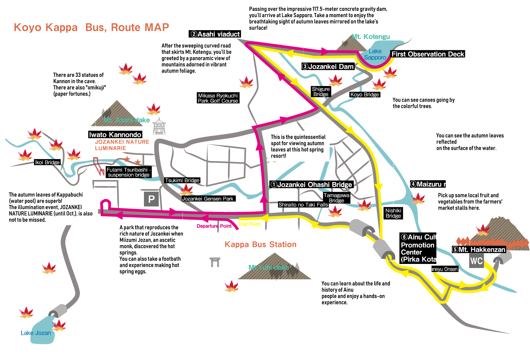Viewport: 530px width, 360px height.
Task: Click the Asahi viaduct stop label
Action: click(215, 34)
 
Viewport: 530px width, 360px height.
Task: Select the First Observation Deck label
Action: click(428, 54)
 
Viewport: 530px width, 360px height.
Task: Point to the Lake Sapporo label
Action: click(375, 54)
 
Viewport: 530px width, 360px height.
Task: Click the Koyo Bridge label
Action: click(364, 95)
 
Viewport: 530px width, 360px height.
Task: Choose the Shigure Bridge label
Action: click(321, 92)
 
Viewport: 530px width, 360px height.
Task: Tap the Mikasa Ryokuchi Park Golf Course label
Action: click(218, 98)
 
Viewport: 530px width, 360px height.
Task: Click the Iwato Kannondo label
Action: click(115, 135)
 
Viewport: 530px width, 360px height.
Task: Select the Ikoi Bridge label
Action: click(47, 162)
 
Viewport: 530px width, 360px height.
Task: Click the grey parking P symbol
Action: click(151, 199)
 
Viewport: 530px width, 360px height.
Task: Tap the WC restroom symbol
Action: click(476, 261)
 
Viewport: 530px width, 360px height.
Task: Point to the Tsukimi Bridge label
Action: click(182, 180)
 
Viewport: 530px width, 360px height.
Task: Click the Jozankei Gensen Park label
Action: click(208, 199)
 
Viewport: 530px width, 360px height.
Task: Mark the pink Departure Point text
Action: click(214, 226)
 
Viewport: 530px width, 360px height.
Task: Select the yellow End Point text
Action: click(249, 224)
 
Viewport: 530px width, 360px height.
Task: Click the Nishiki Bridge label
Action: click(393, 213)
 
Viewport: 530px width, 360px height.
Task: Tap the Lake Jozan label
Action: click(36, 333)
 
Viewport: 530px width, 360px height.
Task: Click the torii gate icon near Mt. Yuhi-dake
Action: click(215, 262)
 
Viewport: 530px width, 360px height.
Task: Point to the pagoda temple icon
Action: click(159, 127)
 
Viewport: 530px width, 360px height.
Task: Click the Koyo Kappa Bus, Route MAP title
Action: click(91, 27)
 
